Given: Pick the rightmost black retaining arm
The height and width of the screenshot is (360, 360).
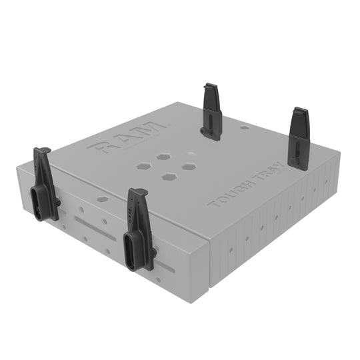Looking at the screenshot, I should (298, 140).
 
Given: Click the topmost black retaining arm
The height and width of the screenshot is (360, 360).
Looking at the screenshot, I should (213, 112).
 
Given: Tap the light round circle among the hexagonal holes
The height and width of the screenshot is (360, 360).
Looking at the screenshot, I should (192, 153).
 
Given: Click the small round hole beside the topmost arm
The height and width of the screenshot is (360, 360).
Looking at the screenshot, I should (245, 127).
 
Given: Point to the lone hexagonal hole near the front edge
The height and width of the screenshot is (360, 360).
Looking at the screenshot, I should (102, 198).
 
